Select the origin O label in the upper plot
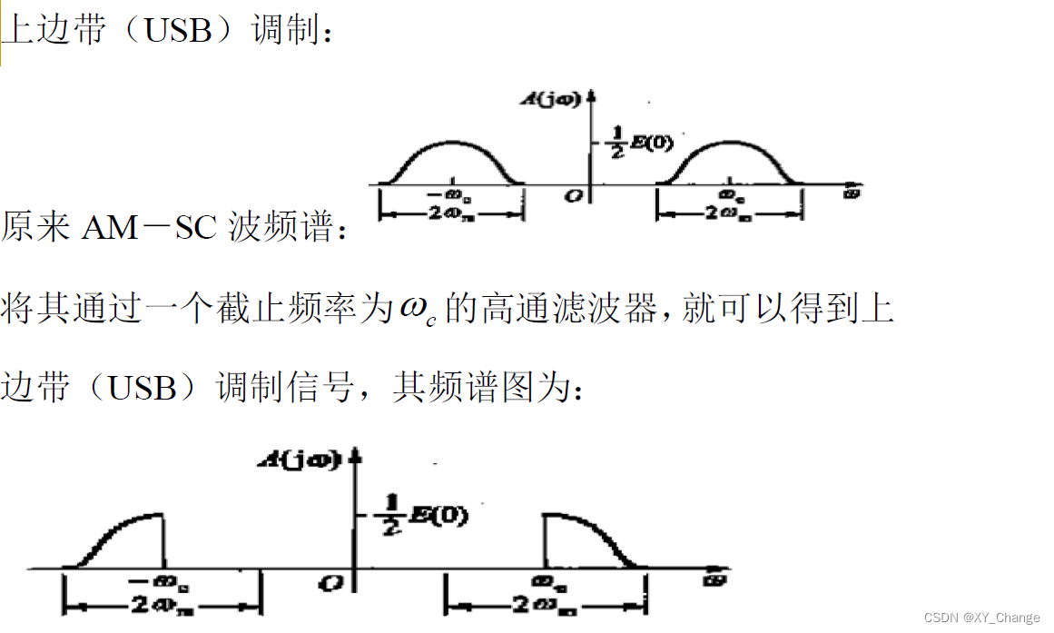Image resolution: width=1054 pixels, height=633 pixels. [x=572, y=195]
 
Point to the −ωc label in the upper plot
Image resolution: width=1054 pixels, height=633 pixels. [x=451, y=195]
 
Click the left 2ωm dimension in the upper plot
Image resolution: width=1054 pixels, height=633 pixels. [x=451, y=214]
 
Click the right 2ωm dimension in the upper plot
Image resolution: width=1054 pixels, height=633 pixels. [x=728, y=214]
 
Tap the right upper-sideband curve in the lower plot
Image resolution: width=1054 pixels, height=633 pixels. [x=590, y=536]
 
